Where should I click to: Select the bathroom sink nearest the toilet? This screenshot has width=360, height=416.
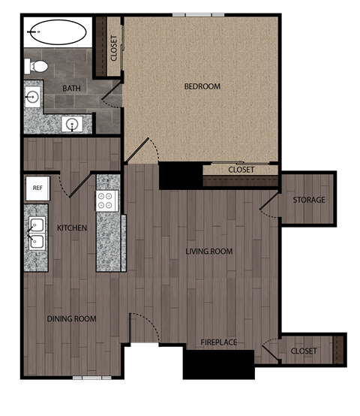(32, 96)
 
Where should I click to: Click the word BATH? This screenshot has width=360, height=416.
(72, 89)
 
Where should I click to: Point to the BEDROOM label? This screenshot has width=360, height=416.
(202, 86)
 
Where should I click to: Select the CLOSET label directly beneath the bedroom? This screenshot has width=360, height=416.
(241, 170)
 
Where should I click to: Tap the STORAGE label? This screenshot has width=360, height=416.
(309, 200)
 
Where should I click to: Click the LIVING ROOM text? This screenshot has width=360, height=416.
(209, 252)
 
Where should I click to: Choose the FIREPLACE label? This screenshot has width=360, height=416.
(218, 342)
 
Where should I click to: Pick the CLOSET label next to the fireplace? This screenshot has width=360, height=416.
(303, 351)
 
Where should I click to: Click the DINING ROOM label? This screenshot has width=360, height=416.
(72, 319)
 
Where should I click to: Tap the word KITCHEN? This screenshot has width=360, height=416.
(72, 228)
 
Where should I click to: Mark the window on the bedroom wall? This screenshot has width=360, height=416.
(198, 14)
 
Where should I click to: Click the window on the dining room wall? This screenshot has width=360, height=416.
(91, 377)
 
